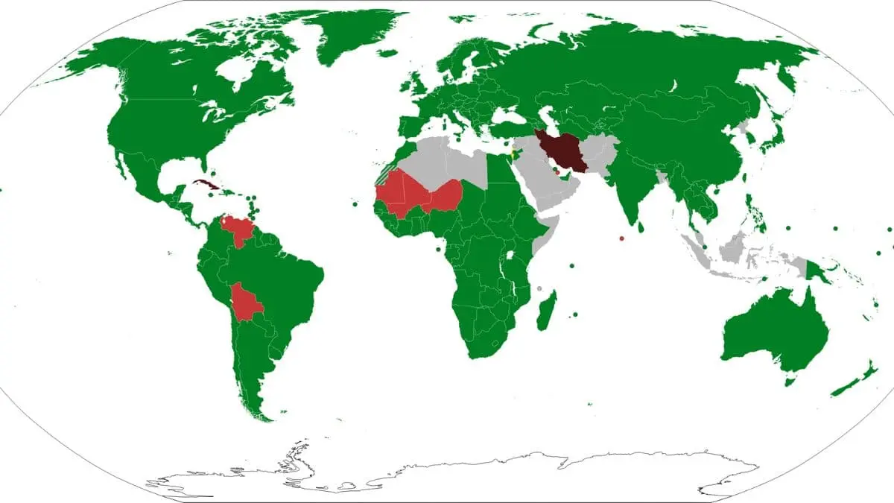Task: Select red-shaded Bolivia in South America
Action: (x=246, y=301)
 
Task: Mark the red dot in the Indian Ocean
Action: (x=621, y=238)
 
